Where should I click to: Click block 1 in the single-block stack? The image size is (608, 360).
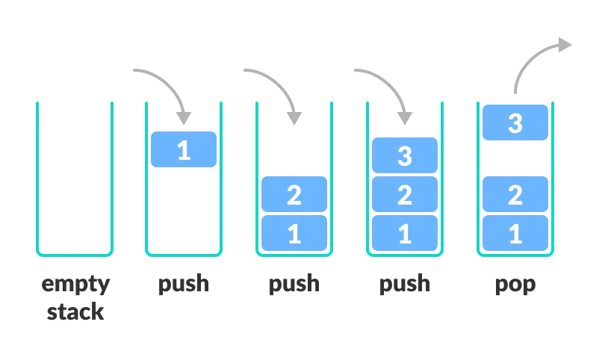pyautogui.click(x=184, y=149)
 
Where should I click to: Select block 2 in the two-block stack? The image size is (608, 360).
pyautogui.click(x=294, y=195)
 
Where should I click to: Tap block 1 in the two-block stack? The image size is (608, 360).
pyautogui.click(x=294, y=233)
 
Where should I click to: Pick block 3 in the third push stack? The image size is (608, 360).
pyautogui.click(x=405, y=155)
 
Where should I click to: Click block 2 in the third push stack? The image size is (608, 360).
pyautogui.click(x=405, y=195)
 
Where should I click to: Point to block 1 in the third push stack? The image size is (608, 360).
pyautogui.click(x=405, y=233)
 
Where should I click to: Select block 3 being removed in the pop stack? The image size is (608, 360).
pyautogui.click(x=515, y=122)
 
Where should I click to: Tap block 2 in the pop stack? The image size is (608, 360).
pyautogui.click(x=515, y=195)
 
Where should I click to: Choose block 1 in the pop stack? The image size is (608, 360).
pyautogui.click(x=515, y=233)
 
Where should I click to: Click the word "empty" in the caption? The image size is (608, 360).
pyautogui.click(x=75, y=285)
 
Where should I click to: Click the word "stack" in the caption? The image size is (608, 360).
pyautogui.click(x=75, y=311)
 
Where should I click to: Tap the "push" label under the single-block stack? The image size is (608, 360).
pyautogui.click(x=184, y=285)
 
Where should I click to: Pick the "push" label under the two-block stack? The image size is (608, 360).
pyautogui.click(x=294, y=285)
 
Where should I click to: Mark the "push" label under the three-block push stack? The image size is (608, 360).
pyautogui.click(x=405, y=285)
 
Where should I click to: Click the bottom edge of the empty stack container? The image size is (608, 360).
pyautogui.click(x=75, y=255)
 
